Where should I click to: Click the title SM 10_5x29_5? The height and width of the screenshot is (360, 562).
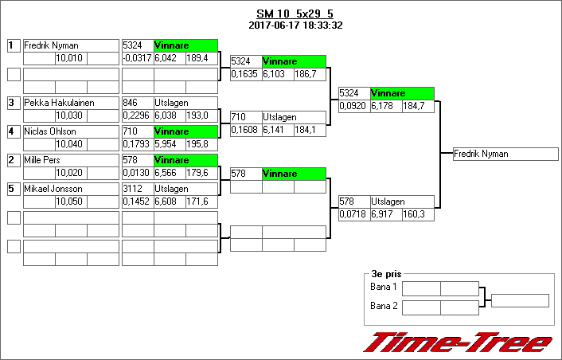click(x=295, y=14)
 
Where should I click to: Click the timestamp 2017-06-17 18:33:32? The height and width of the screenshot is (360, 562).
click(x=295, y=25)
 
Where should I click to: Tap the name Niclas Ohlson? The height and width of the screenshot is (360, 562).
click(x=49, y=131)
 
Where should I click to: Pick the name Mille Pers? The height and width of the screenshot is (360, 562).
click(x=43, y=160)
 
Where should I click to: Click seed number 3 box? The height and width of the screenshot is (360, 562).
click(x=13, y=103)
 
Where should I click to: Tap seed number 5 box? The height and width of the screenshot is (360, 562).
click(x=13, y=189)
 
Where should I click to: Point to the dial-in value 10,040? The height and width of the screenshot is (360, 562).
click(x=69, y=144)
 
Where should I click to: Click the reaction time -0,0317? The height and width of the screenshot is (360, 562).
click(x=137, y=58)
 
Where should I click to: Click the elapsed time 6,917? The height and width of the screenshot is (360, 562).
click(x=385, y=214)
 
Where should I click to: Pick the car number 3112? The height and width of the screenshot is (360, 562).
click(x=133, y=189)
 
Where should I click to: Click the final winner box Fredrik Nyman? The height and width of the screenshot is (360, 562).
click(x=505, y=154)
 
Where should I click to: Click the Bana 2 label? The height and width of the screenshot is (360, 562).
click(x=384, y=305)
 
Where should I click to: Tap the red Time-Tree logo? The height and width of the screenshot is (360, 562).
click(x=458, y=342)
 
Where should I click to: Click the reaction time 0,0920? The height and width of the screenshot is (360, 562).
click(x=353, y=106)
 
